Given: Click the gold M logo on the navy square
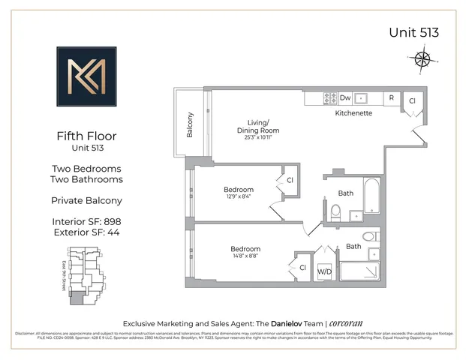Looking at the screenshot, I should point(86,76).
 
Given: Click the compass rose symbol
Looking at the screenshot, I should point(422,58).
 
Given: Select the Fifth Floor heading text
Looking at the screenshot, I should point(86,136).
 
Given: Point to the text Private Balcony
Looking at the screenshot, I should point(86,201).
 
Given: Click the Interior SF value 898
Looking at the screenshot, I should point(113,221).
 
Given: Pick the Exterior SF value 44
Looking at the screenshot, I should point(113,232).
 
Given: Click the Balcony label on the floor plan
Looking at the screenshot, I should point(191,124).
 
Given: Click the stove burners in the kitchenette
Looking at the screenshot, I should point(329,97).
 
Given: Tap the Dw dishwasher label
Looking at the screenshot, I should point(345,97).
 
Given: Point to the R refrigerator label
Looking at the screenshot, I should point(391,97).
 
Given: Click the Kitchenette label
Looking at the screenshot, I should point(353,113).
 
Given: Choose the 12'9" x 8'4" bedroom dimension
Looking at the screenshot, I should point(238,196).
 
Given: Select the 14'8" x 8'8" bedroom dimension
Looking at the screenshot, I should point(245,256).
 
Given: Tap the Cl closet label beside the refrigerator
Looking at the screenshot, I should point(412,101).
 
